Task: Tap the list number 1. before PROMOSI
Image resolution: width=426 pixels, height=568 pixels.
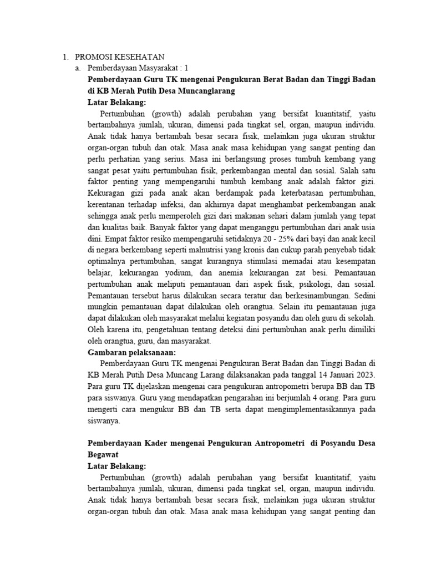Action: (65, 57)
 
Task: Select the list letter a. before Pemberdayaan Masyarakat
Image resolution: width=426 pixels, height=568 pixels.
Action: (78, 68)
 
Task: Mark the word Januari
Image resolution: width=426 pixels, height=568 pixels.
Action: (335, 375)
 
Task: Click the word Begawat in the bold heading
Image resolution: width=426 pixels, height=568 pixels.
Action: (104, 453)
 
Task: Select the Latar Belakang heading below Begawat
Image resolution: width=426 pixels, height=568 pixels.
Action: (117, 465)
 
